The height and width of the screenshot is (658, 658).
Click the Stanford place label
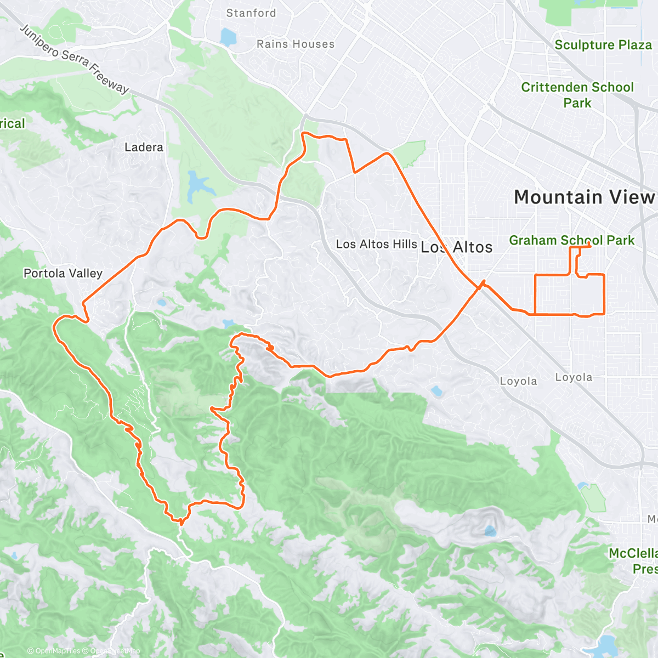click(251, 13)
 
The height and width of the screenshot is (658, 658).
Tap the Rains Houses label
click(296, 44)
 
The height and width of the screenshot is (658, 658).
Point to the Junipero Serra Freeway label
click(75, 59)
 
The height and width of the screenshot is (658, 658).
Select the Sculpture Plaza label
click(603, 45)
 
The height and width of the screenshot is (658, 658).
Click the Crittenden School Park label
click(577, 95)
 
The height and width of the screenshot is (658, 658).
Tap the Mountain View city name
click(585, 197)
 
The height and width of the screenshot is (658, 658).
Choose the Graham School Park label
click(571, 240)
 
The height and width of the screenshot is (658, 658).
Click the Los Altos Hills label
click(376, 244)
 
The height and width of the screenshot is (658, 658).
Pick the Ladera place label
click(144, 147)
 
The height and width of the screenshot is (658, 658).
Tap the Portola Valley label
click(63, 273)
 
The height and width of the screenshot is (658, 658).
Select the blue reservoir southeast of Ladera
click(195, 186)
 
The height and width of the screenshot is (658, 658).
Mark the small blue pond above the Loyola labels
click(436, 392)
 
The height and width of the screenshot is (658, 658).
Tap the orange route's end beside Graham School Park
click(590, 247)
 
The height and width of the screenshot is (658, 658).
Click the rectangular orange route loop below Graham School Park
click(569, 294)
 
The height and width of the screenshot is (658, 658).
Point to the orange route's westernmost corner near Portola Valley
click(55, 326)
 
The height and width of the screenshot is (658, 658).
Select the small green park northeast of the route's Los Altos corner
click(411, 153)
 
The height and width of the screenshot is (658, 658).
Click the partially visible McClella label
click(633, 553)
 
